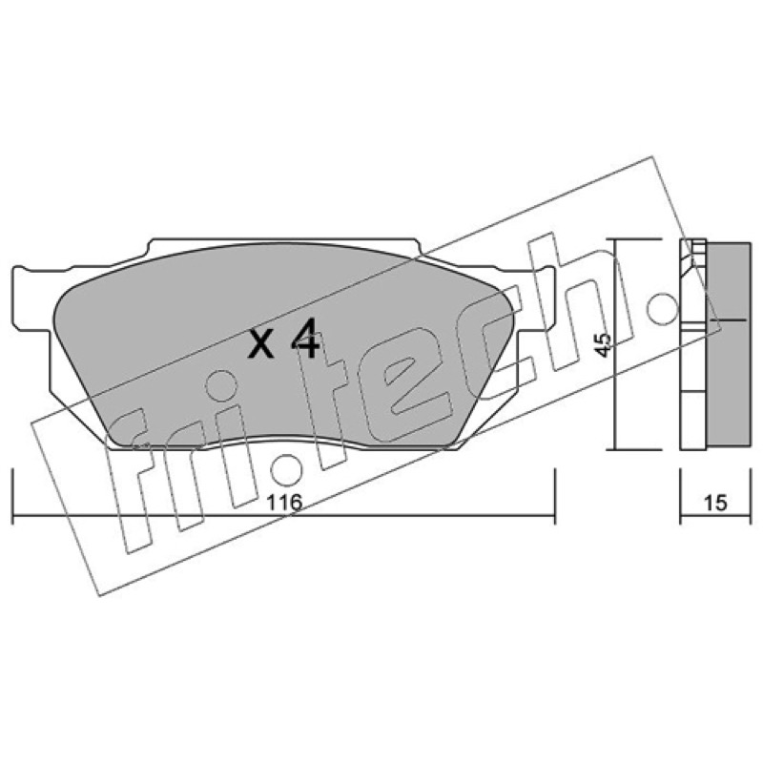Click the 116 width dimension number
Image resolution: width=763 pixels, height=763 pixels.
(284, 503)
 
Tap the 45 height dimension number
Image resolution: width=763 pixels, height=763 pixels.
(603, 344)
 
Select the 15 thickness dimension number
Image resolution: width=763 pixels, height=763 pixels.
(715, 503)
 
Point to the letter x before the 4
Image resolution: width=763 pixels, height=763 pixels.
(260, 344)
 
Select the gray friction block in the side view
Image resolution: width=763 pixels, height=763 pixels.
(728, 344)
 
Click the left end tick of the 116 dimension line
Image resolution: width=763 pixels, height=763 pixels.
(12, 496)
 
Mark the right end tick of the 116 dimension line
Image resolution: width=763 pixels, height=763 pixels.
(555, 496)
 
